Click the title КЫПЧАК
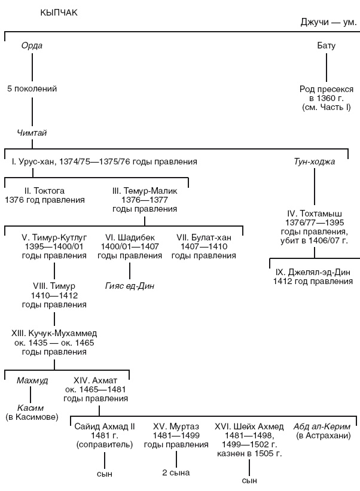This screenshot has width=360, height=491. tap(59, 13)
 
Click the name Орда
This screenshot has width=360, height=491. tap(32, 46)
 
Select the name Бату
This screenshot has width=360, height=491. tap(326, 46)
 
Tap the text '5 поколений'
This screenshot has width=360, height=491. tap(32, 89)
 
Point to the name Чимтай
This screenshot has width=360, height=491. tap(32, 133)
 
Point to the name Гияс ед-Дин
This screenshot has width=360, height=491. tap(130, 285)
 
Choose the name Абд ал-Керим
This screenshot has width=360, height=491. tap(322, 426)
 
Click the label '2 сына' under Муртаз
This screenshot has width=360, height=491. tap(176, 473)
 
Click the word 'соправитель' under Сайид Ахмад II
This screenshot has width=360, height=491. tap(105, 445)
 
